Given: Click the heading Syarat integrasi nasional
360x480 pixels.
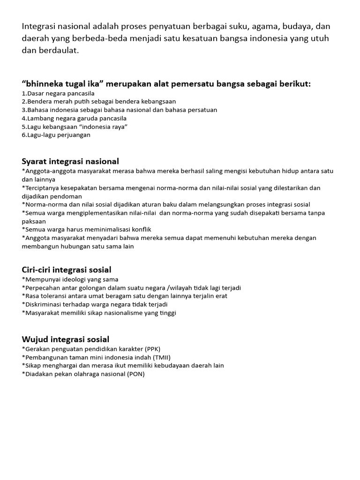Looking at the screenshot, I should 70,161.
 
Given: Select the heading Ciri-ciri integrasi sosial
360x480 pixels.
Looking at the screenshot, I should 67,270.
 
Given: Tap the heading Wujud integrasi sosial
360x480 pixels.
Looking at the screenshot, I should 66,339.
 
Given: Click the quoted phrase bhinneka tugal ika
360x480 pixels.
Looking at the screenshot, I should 62,83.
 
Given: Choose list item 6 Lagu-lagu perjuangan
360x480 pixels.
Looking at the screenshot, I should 56,135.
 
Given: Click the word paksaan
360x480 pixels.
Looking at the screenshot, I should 34,221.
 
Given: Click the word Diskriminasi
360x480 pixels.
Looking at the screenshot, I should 44,304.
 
